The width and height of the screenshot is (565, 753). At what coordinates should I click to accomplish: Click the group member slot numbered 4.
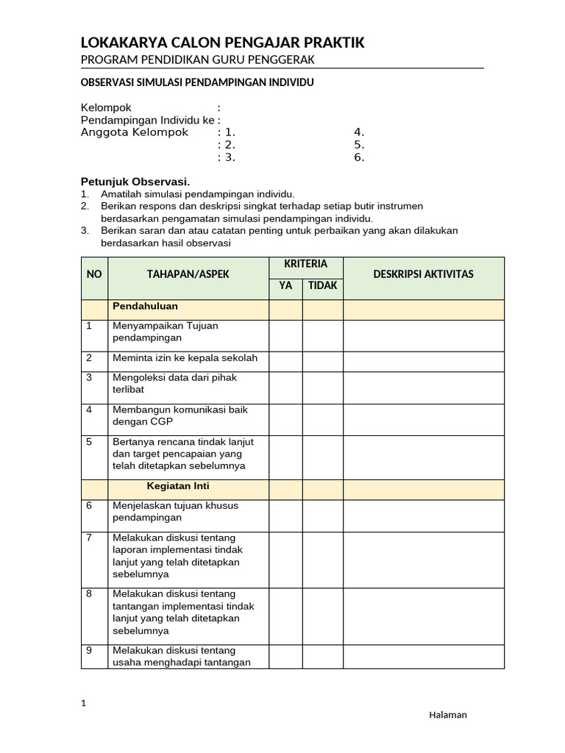pyautogui.click(x=359, y=132)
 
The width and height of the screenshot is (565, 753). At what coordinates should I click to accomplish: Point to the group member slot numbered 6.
pyautogui.click(x=359, y=157)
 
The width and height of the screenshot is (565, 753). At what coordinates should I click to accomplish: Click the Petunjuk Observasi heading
pyautogui.click(x=135, y=181)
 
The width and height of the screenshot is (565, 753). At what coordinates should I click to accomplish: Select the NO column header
pyautogui.click(x=94, y=274)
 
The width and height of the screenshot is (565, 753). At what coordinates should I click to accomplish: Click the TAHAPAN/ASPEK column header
pyautogui.click(x=188, y=274)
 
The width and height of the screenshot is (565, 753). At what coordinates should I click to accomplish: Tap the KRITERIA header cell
pyautogui.click(x=305, y=264)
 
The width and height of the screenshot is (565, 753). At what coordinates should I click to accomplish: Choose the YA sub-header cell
pyautogui.click(x=285, y=285)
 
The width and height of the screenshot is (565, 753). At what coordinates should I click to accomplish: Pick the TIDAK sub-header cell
pyautogui.click(x=322, y=285)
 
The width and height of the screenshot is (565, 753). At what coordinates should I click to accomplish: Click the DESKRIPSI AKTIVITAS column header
pyautogui.click(x=423, y=274)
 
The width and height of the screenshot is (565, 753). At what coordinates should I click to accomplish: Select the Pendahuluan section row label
pyautogui.click(x=145, y=306)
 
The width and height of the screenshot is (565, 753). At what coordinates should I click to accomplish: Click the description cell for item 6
pyautogui.click(x=423, y=515)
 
